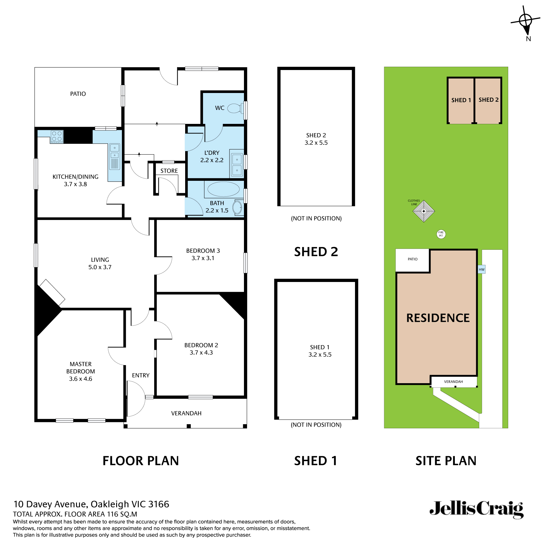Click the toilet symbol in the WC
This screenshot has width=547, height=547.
235,108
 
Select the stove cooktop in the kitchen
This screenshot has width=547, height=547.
57,136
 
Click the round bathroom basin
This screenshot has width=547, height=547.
237,208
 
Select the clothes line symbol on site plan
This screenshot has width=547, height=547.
424,211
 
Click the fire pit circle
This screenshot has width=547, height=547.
441,234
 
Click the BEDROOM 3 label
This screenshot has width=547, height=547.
203,251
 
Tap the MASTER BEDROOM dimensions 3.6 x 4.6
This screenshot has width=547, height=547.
80,379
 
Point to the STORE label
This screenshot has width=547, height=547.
169,171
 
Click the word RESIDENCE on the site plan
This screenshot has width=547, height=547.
438,318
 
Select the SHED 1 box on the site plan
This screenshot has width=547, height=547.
461,100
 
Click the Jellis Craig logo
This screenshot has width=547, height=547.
476,510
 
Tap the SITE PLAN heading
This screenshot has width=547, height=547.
446,461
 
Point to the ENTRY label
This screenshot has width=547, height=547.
140,376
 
